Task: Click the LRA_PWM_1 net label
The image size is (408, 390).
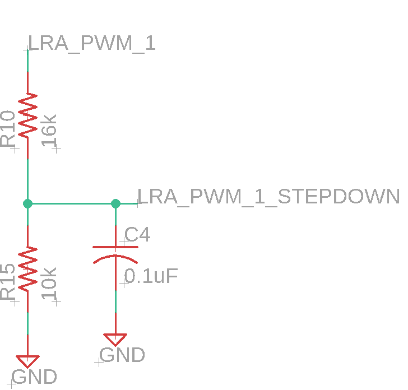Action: click(91, 44)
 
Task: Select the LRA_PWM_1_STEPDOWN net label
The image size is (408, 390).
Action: click(268, 197)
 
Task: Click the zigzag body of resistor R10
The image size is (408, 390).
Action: click(27, 116)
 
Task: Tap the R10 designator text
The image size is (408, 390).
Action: click(9, 129)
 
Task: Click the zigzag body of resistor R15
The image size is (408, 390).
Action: click(27, 269)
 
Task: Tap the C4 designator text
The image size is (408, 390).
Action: click(137, 235)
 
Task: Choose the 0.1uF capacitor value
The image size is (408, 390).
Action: click(151, 276)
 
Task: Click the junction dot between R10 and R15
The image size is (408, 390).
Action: click(27, 203)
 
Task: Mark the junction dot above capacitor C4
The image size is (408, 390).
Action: click(115, 203)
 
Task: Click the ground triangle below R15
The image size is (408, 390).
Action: click(27, 361)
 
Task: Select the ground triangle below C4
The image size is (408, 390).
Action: click(115, 340)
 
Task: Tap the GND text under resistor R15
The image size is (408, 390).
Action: click(34, 377)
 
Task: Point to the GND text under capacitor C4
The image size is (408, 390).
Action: click(122, 355)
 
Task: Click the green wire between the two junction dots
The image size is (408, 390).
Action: click(72, 203)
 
